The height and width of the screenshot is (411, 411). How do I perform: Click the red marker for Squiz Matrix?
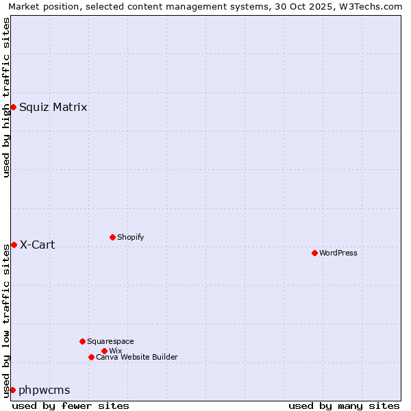[x=13, y=107]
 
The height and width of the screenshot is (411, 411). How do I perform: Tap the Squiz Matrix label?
[x=53, y=107]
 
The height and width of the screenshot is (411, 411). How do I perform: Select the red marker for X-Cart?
[x=14, y=245]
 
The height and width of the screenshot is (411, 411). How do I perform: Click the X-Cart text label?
[x=37, y=245]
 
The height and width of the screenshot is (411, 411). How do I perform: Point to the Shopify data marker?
[x=112, y=237]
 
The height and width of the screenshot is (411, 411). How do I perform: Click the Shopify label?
[x=130, y=237]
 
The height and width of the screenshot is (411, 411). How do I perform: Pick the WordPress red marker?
[x=314, y=253]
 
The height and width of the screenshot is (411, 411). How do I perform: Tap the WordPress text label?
[x=338, y=253]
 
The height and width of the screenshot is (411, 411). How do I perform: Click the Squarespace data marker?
[x=82, y=341]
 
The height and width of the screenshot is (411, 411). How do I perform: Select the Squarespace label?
[x=110, y=341]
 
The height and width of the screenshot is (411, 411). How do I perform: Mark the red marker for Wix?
[x=104, y=351]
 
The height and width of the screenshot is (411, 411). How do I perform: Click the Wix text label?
[x=115, y=351]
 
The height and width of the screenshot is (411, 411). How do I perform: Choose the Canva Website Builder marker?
[x=91, y=357]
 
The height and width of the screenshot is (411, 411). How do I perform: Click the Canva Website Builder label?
[x=136, y=357]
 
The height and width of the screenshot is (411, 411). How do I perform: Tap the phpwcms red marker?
[x=12, y=390]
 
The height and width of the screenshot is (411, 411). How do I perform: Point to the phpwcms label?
[x=44, y=390]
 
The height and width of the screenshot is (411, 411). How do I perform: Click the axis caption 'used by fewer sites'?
[x=71, y=406]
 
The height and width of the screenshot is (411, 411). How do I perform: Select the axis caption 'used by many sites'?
[x=343, y=406]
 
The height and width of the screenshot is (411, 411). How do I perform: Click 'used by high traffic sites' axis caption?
[x=6, y=97]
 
